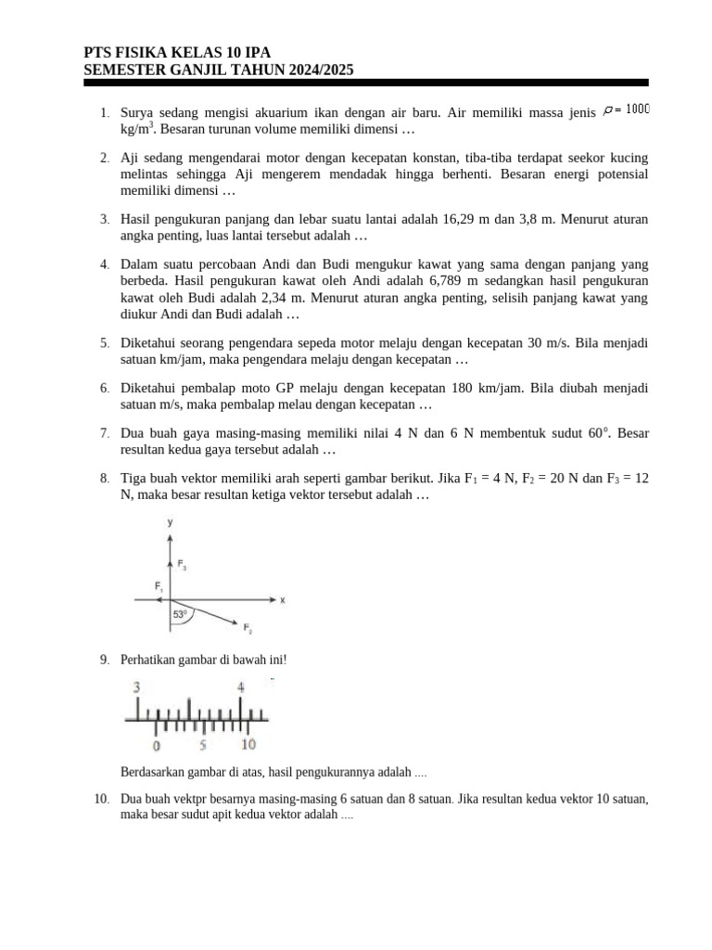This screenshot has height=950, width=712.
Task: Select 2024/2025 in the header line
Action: point(316,70)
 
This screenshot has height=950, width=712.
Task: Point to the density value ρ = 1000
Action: point(626,110)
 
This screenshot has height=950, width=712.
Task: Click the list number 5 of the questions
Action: point(105,343)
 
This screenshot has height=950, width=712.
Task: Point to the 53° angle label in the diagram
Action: point(180,614)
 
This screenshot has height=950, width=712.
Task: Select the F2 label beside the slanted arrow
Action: point(248,630)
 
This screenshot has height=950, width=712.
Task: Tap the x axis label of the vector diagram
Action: point(282,600)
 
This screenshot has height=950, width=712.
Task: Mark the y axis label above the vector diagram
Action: point(170,522)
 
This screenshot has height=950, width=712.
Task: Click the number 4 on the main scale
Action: point(241,687)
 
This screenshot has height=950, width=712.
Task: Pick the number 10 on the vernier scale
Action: point(248,745)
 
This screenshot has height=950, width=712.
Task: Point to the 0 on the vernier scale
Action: point(156,745)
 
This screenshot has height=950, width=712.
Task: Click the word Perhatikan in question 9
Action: point(150,660)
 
